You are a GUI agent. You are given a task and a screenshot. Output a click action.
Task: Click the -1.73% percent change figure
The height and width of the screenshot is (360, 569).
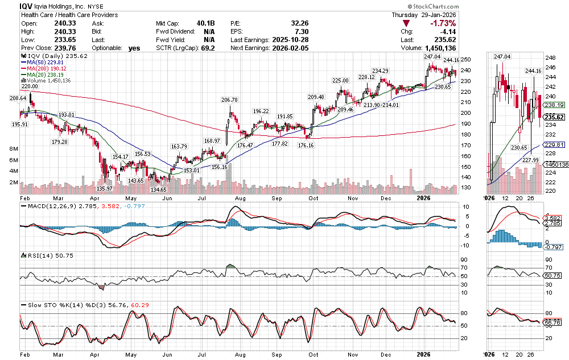pyautogui.click(x=443, y=23)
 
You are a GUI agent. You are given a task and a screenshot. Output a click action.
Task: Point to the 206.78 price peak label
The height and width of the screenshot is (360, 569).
pyautogui.click(x=229, y=100)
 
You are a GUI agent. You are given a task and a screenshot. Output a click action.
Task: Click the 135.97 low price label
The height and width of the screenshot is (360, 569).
pyautogui.click(x=105, y=188)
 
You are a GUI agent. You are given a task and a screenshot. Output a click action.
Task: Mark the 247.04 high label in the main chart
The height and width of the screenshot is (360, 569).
pyautogui.click(x=432, y=57)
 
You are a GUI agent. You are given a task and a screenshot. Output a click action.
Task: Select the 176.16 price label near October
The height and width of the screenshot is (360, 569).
pyautogui.click(x=306, y=145)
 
